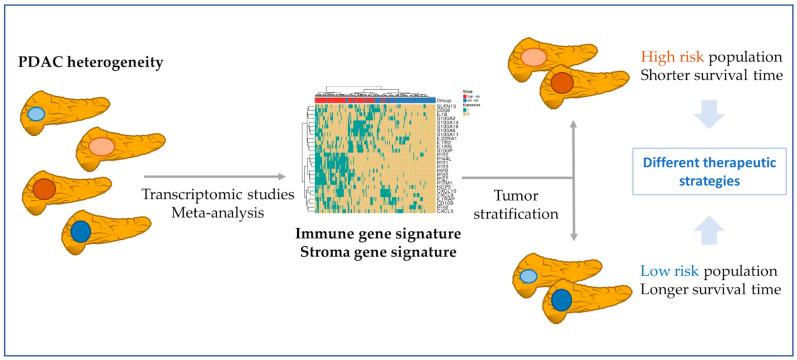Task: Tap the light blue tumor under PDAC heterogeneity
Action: [x=36, y=114]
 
